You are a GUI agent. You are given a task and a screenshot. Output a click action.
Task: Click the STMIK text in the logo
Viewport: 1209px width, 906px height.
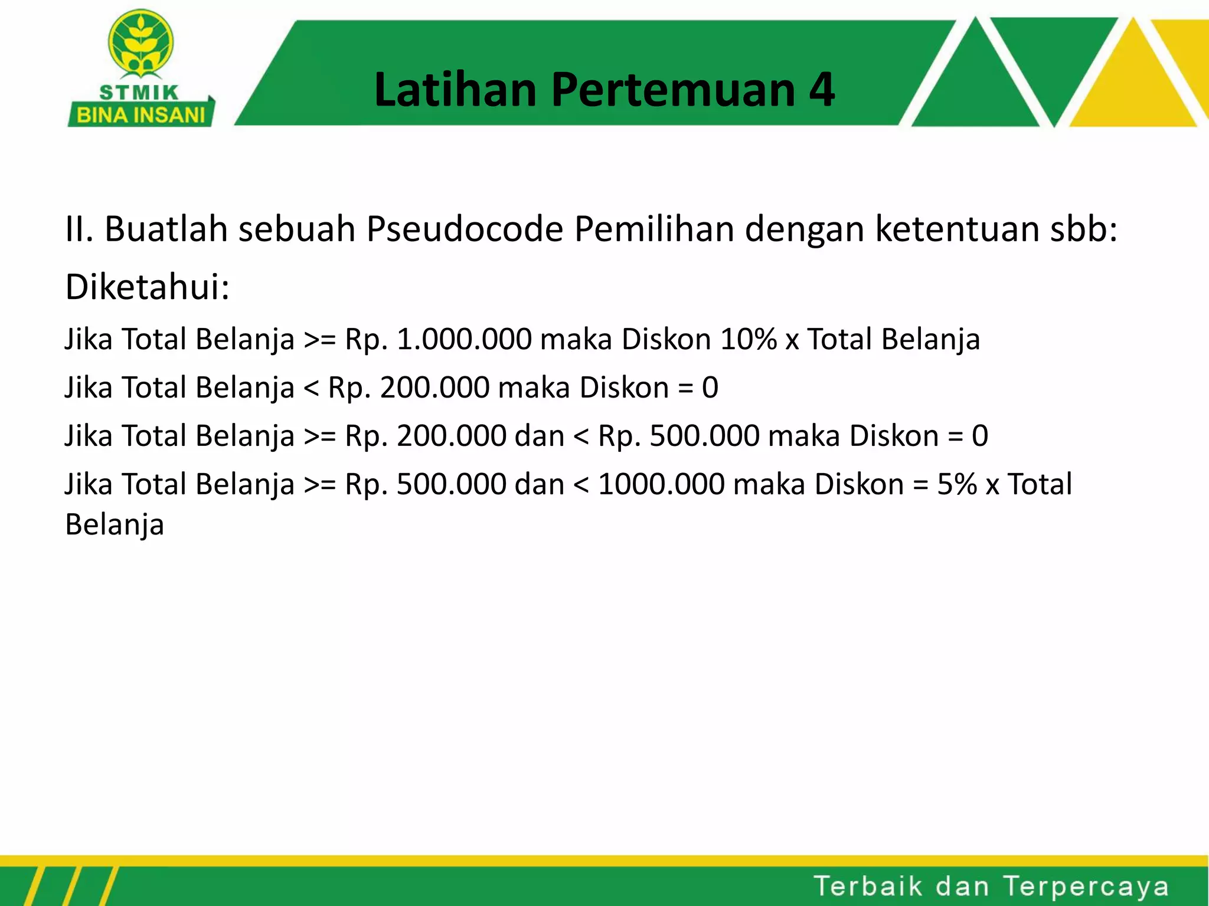(x=139, y=93)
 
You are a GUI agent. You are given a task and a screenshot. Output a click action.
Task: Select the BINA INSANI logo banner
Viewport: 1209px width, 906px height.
(x=141, y=114)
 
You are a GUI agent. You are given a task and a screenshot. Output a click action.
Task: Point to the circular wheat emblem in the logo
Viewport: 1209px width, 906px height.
(x=140, y=42)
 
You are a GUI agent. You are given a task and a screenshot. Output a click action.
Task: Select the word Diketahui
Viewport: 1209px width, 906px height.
(x=147, y=287)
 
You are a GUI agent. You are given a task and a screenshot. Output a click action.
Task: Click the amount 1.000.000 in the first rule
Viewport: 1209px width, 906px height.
(x=464, y=340)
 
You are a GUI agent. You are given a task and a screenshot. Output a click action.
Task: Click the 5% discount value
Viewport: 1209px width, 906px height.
(x=956, y=485)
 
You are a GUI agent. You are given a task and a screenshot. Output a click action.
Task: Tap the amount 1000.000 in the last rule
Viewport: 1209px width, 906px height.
(x=661, y=485)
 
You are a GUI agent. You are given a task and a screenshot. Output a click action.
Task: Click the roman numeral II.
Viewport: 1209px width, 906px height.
(x=79, y=229)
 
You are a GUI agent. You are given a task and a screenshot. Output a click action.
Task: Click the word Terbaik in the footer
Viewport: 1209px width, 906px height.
(x=868, y=886)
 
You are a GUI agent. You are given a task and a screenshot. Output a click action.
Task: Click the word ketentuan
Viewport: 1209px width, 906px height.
(x=957, y=229)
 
